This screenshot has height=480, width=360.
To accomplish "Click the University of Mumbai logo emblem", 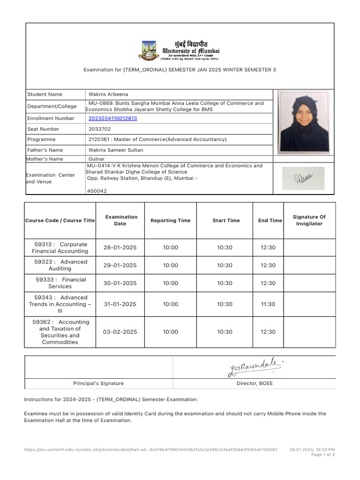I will [150, 50].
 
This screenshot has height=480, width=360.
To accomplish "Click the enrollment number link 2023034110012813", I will [112, 119].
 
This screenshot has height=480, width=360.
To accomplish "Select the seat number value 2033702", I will [100, 129].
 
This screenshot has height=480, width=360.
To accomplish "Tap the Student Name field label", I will [45, 94].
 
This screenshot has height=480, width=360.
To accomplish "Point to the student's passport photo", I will [304, 121].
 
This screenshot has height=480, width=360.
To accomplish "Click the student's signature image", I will [303, 178].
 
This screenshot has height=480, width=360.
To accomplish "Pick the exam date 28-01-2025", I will [120, 247].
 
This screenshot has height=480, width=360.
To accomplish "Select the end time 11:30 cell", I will [268, 304].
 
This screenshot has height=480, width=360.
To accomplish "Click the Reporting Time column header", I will [170, 220].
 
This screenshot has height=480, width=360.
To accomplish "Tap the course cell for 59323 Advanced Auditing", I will [60, 265].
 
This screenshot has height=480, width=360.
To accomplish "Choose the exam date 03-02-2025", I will [120, 332].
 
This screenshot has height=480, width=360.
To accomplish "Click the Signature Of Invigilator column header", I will [309, 220].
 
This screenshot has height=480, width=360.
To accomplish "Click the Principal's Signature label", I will [98, 383].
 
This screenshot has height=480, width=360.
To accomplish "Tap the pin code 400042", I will [97, 191].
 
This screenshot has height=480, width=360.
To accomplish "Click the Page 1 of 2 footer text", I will [323, 455].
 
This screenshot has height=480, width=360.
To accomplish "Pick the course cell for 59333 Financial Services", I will [60, 283].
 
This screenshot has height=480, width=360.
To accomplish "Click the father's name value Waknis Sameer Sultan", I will [116, 150].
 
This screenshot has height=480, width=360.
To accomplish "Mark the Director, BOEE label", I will [254, 383].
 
